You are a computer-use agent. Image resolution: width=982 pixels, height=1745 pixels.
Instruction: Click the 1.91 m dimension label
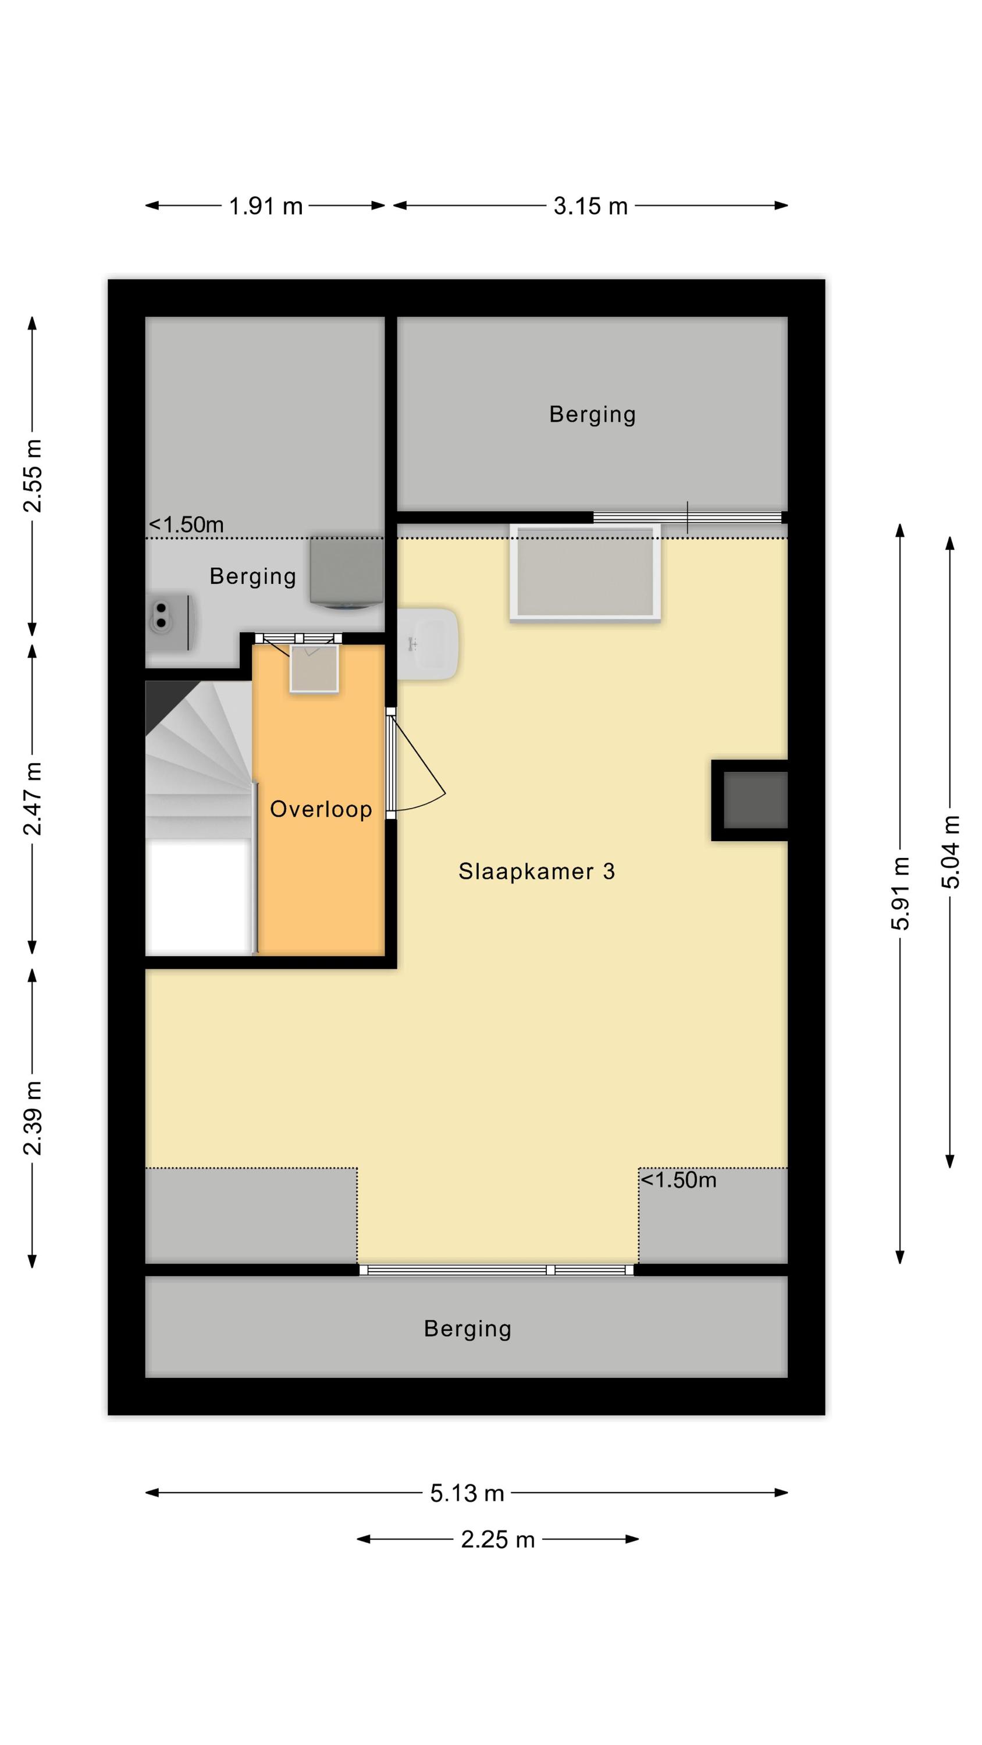[x=266, y=206]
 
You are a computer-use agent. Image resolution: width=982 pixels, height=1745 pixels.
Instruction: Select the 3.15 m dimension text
[x=590, y=206]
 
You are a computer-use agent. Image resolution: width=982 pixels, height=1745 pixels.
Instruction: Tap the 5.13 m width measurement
[x=467, y=1493]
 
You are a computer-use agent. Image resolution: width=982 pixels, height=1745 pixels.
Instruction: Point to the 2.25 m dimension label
[x=497, y=1540]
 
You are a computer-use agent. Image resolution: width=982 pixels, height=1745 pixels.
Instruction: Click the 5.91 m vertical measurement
[x=900, y=893]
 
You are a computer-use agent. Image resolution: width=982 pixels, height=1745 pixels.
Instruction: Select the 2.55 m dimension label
[x=33, y=476]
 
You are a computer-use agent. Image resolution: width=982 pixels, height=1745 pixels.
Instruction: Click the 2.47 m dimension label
[x=33, y=798]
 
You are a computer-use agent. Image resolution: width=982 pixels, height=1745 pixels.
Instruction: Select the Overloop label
[x=321, y=809]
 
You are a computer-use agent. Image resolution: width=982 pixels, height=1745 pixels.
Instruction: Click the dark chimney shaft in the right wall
[x=749, y=800]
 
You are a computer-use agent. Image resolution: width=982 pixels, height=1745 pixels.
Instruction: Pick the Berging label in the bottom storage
[x=468, y=1329]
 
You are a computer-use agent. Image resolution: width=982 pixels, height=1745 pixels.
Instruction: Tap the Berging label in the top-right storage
[x=592, y=415]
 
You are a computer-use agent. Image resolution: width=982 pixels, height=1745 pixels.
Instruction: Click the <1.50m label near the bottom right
[x=678, y=1180]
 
